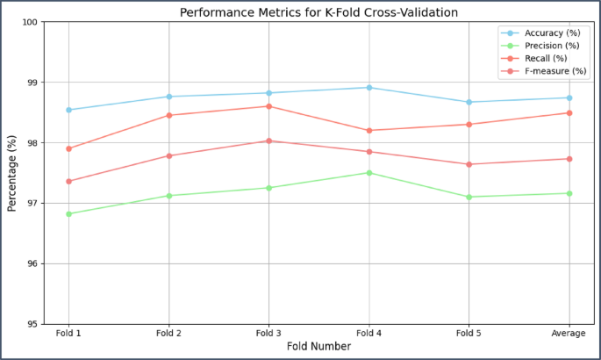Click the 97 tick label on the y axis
(x=30, y=204)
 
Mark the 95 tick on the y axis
(x=30, y=324)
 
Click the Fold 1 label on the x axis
(x=68, y=334)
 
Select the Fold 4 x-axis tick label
(x=368, y=334)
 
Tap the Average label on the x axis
(x=569, y=334)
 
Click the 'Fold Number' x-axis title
(x=318, y=347)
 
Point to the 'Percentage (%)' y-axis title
(x=12, y=173)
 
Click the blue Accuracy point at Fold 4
(x=368, y=88)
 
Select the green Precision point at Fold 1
(x=68, y=213)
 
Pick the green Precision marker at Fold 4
(x=368, y=173)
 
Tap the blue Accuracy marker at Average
(x=569, y=97)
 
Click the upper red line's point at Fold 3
(x=268, y=106)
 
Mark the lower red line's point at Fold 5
(x=469, y=164)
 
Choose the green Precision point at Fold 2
(x=168, y=196)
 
